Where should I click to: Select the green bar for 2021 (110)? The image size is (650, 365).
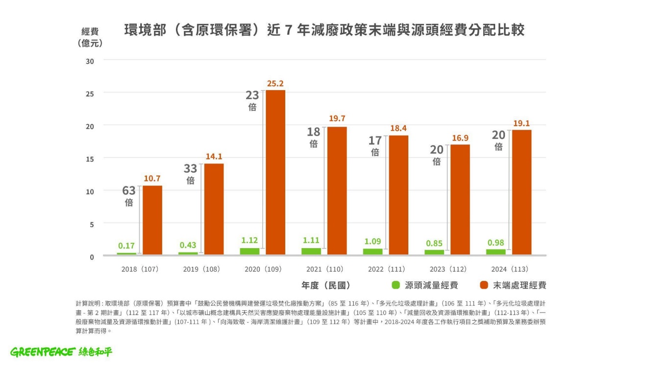pyautogui.click(x=311, y=251)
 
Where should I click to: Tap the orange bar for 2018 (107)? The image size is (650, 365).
pyautogui.click(x=152, y=220)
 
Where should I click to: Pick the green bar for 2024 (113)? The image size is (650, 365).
pyautogui.click(x=496, y=251)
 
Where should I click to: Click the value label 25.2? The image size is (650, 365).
pyautogui.click(x=275, y=84)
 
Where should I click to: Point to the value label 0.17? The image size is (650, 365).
pyautogui.click(x=126, y=246)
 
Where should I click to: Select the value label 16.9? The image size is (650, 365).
pyautogui.click(x=460, y=138)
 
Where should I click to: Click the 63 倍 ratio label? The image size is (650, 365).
pyautogui.click(x=129, y=195)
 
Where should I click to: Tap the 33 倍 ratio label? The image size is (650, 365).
pyautogui.click(x=191, y=173)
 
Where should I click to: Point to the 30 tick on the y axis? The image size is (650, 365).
pyautogui.click(x=90, y=61)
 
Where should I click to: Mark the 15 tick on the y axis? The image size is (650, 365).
pyautogui.click(x=90, y=159)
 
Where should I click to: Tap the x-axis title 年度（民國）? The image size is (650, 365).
pyautogui.click(x=326, y=285)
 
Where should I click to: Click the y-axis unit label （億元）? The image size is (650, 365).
pyautogui.click(x=90, y=43)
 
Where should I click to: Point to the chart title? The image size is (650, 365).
pyautogui.click(x=324, y=30)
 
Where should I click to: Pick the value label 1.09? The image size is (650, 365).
pyautogui.click(x=373, y=242)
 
